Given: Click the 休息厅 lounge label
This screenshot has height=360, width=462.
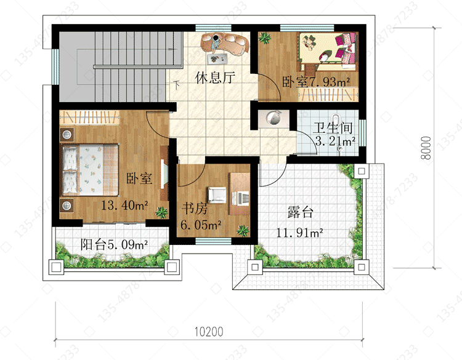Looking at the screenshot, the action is [215, 78].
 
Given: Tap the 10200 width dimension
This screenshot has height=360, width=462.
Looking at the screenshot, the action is [209, 332].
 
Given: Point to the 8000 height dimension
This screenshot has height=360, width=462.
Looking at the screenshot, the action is [426, 148].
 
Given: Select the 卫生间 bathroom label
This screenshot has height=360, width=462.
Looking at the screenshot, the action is [333, 128].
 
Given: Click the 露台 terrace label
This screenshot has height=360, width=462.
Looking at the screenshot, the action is [300, 212].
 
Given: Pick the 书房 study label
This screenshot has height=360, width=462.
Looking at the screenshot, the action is [195, 209].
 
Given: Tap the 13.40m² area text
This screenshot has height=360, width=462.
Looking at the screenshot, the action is [124, 205].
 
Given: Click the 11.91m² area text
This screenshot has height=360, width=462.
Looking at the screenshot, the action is [299, 233].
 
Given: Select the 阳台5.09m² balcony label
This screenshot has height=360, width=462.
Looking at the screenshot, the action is [114, 244].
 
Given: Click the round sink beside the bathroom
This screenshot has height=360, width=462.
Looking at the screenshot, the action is [274, 118].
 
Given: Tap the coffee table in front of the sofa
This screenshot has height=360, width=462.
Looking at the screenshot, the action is [217, 58].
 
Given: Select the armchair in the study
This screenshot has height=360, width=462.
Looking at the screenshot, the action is [217, 195].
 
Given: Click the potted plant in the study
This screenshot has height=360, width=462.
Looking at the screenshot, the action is [243, 231].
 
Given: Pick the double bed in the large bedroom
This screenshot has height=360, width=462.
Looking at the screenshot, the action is [89, 170].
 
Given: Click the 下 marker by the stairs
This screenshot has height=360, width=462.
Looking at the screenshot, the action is [177, 85].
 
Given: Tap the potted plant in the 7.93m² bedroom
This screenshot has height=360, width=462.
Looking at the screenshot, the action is [265, 38].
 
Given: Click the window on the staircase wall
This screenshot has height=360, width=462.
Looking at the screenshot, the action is [55, 67].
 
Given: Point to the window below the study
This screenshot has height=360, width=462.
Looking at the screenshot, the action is [213, 241].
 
